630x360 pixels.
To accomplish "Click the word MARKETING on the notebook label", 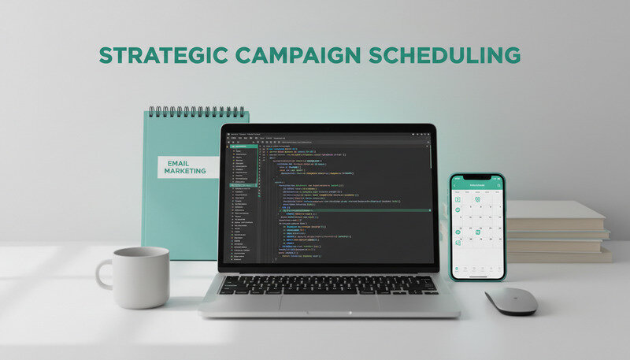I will pos(186,171).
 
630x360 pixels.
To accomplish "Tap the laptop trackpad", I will pos(328,302).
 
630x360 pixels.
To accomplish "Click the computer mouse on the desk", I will pos(510,300).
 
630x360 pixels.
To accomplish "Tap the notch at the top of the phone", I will pos(476,176).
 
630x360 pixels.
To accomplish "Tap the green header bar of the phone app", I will pos(477,185).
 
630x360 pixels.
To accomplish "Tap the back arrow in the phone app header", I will pos(456,185).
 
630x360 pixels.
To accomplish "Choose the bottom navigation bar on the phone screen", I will pos(477,269).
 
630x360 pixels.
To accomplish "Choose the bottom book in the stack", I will pos(560,254).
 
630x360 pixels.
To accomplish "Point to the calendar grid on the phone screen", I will pos(477,221).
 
